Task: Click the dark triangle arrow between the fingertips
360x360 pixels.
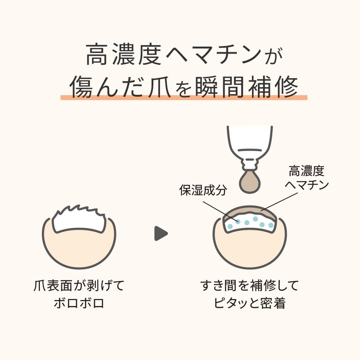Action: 161,234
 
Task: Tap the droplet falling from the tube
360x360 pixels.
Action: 250,183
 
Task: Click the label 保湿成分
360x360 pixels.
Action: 203,190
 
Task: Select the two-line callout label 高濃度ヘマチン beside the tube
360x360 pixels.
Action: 306,178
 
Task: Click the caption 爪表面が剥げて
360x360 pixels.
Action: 79,286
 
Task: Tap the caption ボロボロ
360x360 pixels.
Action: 79,303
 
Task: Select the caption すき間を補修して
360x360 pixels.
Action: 250,286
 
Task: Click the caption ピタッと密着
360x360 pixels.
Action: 250,303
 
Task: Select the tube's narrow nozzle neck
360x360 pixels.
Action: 250,164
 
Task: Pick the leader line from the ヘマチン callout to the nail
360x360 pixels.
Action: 279,201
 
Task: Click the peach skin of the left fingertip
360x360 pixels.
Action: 79,249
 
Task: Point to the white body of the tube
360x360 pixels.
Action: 250,140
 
